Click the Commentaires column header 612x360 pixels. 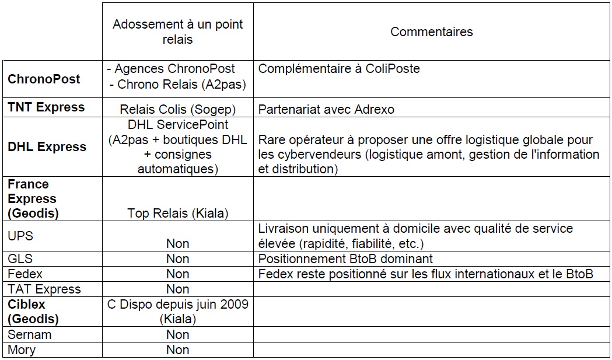pyautogui.click(x=431, y=32)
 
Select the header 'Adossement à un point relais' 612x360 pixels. pyautogui.click(x=177, y=32)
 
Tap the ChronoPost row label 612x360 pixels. pyautogui.click(x=44, y=79)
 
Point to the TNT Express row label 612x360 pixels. pyautogui.click(x=46, y=107)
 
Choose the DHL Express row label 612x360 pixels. pyautogui.click(x=47, y=147)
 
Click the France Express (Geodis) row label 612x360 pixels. pyautogui.click(x=33, y=199)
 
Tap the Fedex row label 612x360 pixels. pyautogui.click(x=25, y=274)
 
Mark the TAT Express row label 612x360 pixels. pyautogui.click(x=44, y=289)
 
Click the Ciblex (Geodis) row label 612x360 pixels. pyautogui.click(x=33, y=312)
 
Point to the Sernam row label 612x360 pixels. pyautogui.click(x=29, y=335)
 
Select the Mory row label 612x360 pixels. pyautogui.click(x=22, y=350)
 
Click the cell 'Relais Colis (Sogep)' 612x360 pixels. pyautogui.click(x=177, y=109)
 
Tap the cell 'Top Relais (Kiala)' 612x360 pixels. pyautogui.click(x=177, y=214)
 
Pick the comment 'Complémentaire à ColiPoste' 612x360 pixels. pyautogui.click(x=339, y=69)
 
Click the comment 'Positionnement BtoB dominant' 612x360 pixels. pyautogui.click(x=345, y=258)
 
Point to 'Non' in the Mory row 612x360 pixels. pyautogui.click(x=177, y=350)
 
